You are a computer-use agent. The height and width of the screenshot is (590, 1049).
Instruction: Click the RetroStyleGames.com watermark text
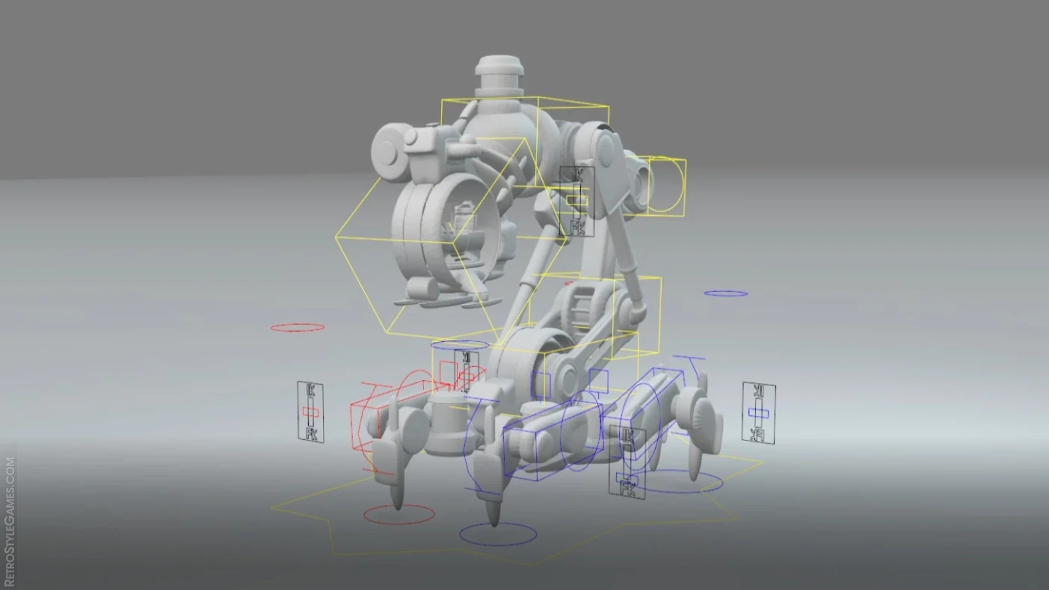(10, 522)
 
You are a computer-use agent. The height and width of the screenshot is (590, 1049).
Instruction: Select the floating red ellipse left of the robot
(298, 328)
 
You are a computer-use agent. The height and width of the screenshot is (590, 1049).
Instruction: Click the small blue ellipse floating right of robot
(726, 294)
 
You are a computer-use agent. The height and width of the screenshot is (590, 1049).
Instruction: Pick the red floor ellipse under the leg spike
(399, 514)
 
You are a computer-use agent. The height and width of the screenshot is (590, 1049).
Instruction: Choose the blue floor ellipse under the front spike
(498, 534)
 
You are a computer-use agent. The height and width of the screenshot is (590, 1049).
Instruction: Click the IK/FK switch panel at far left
(310, 411)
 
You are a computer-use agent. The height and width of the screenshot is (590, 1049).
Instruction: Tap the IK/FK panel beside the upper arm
(576, 202)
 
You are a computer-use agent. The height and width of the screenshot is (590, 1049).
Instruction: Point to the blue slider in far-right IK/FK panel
(759, 413)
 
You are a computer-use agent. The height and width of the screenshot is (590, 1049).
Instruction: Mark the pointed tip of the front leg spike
(494, 522)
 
